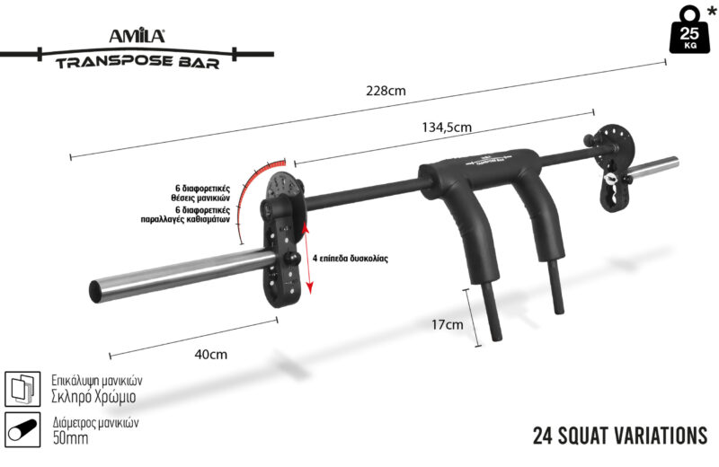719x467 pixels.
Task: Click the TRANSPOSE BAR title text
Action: tap(135, 63)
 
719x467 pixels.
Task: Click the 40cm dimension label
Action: tap(209, 354)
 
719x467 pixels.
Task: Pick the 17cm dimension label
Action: tap(447, 324)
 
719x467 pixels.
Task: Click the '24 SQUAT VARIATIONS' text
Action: tap(619, 436)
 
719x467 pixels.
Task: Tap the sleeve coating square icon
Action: tap(23, 388)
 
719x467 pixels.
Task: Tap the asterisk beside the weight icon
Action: tap(711, 12)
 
